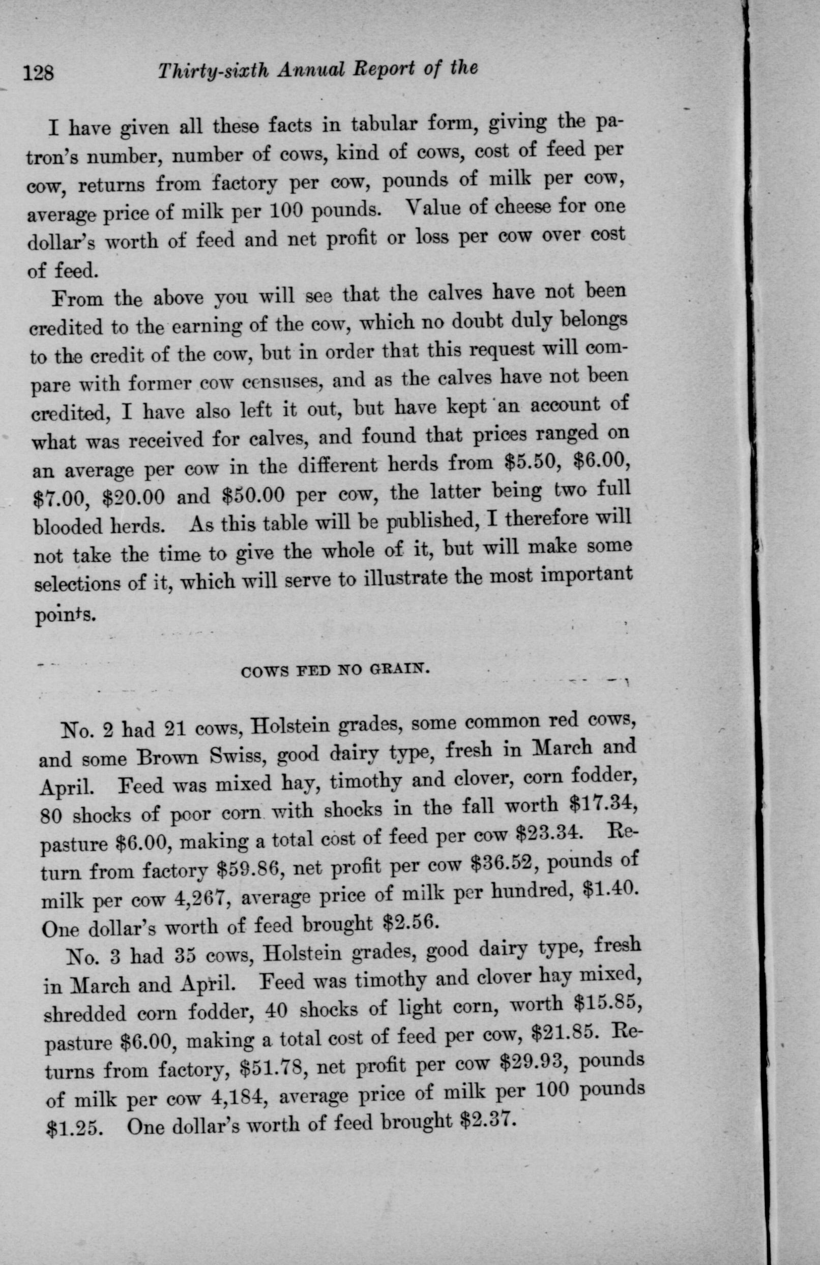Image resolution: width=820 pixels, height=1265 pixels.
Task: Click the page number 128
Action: coord(38,72)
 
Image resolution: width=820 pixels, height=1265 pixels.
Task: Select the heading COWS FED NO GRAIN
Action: coord(335,670)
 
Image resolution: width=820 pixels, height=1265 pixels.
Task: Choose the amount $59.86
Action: coord(252,870)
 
